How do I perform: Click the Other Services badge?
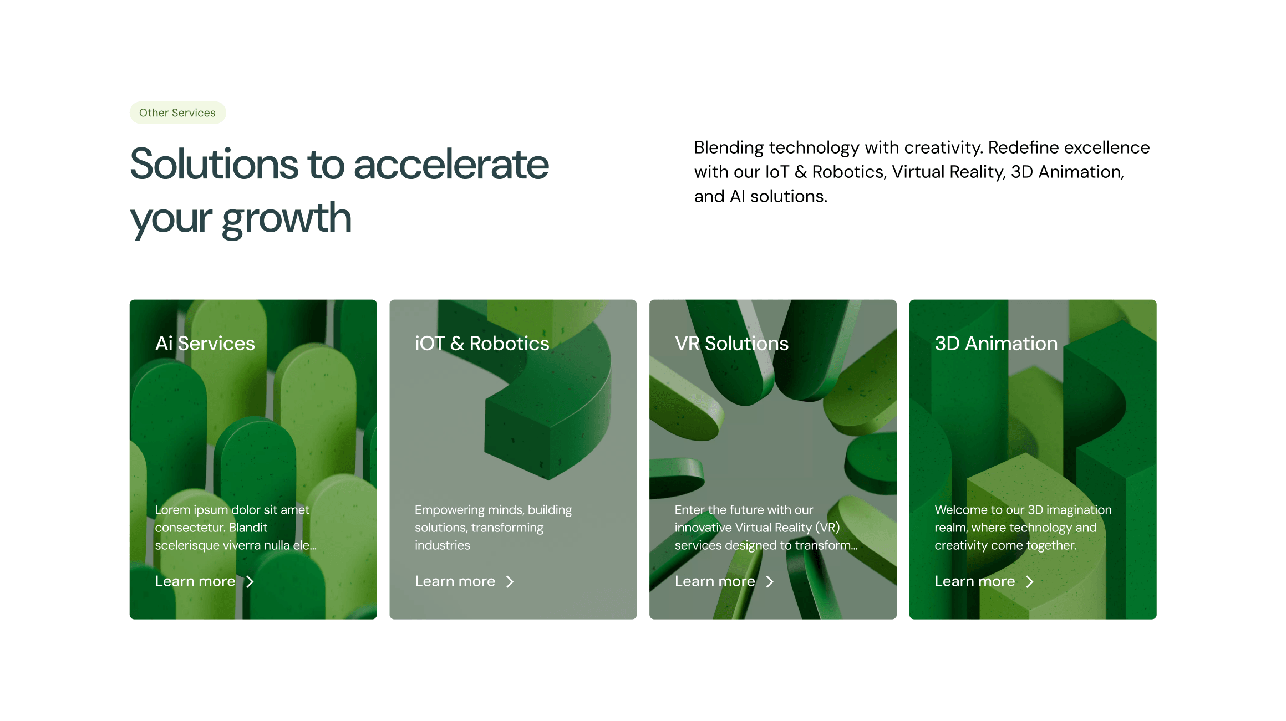click(177, 113)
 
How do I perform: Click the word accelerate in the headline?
click(451, 164)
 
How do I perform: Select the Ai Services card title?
click(205, 344)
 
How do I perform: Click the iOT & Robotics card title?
click(482, 344)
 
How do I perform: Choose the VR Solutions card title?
click(731, 344)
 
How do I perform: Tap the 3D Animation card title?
click(996, 344)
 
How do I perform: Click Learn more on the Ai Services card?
click(195, 581)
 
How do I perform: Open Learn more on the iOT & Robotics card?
click(455, 581)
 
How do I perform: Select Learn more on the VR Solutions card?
click(715, 581)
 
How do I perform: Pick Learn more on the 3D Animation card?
click(975, 581)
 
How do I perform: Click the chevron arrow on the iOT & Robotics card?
click(510, 581)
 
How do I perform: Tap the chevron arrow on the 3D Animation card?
click(1030, 581)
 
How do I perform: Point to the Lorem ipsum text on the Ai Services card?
click(236, 528)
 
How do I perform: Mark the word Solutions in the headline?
click(215, 164)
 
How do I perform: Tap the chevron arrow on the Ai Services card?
click(250, 581)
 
